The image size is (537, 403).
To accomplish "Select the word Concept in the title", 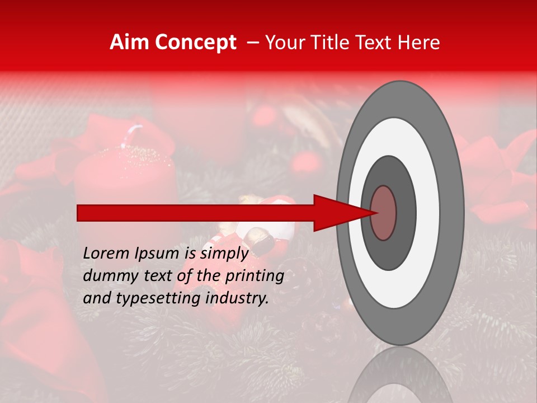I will pyautogui.click(x=195, y=43).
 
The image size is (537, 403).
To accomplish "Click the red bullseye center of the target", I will pyautogui.click(x=383, y=213).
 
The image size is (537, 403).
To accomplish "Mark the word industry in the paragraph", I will pyautogui.click(x=238, y=299).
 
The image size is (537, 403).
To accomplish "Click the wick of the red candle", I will pyautogui.click(x=135, y=135).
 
